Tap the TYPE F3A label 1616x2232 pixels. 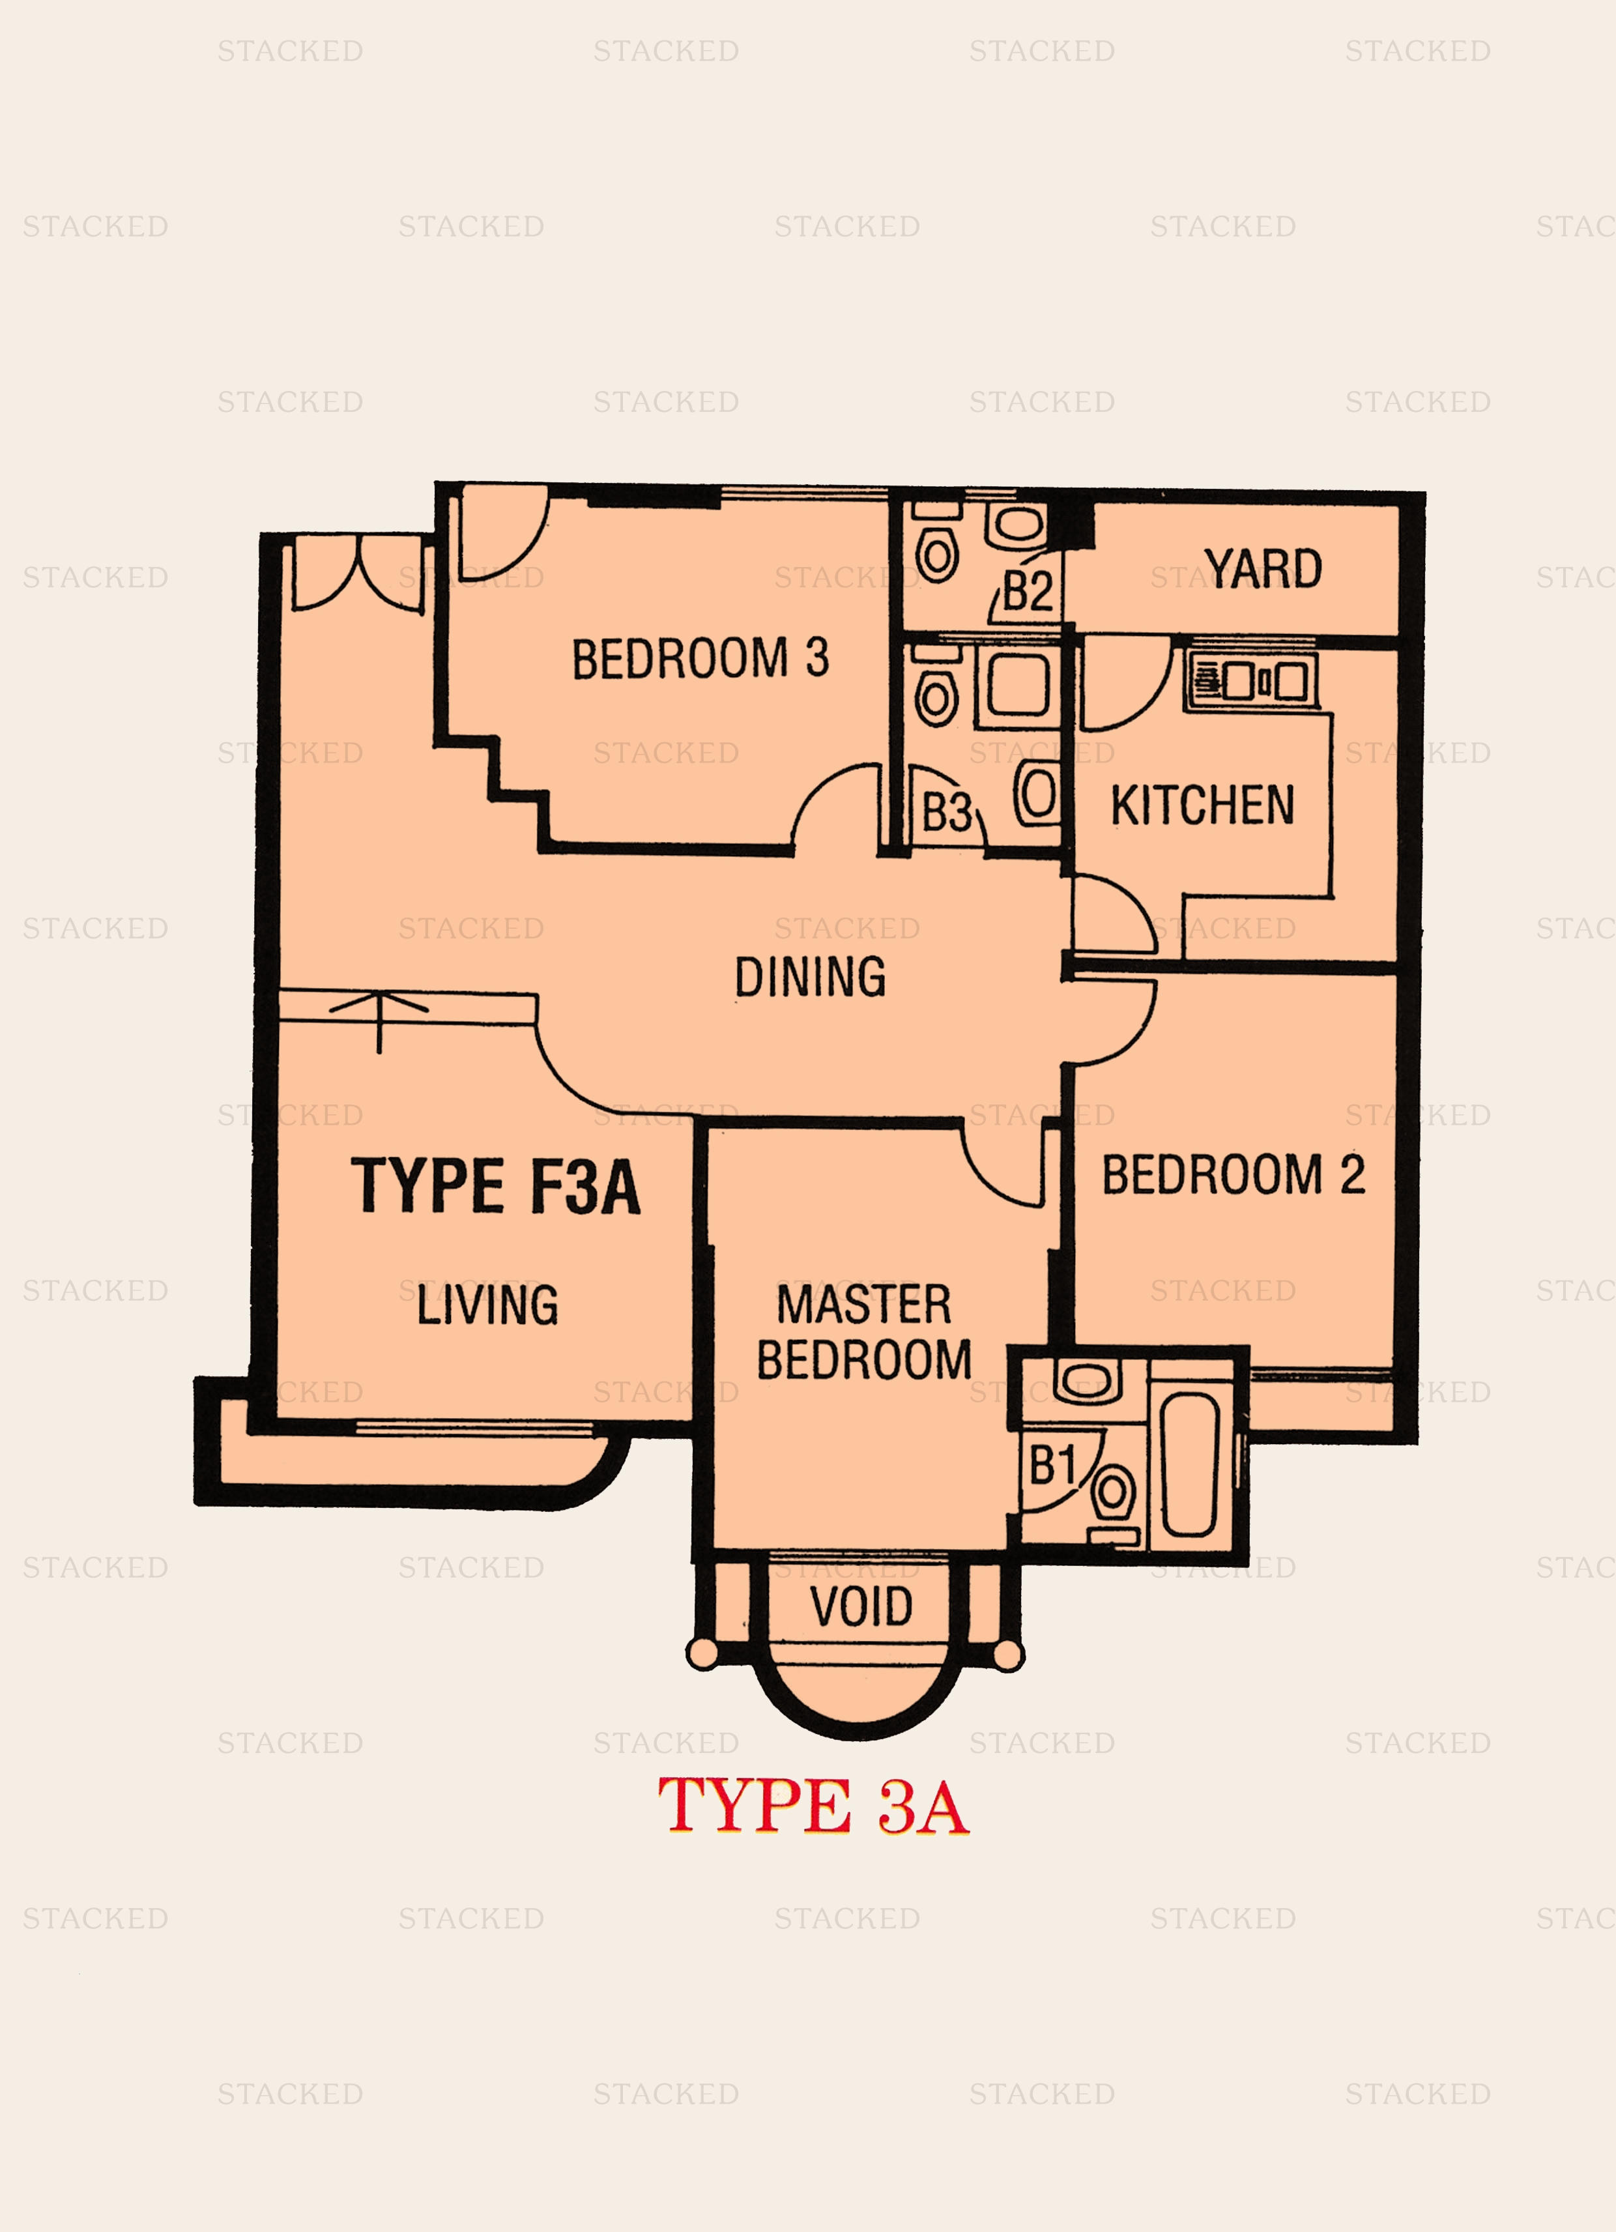495,1186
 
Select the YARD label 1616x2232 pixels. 1263,570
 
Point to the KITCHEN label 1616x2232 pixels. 1202,805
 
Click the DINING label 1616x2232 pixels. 810,978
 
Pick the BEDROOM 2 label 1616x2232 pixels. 1232,1175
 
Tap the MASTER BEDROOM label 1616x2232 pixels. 863,1333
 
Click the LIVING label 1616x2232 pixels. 487,1305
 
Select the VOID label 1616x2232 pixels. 861,1607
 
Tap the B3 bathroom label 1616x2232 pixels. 945,813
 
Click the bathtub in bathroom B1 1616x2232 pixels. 1190,1464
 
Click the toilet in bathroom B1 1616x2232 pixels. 1113,1494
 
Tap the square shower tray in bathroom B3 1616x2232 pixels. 1018,685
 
